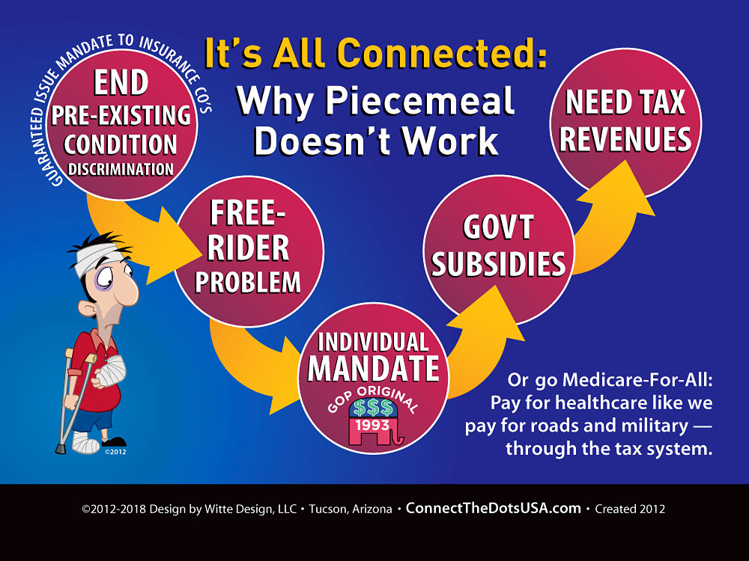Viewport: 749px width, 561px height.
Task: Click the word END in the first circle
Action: click(x=121, y=82)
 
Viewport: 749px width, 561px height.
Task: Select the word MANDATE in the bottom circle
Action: click(x=374, y=368)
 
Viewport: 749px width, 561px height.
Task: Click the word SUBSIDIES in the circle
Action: click(x=498, y=264)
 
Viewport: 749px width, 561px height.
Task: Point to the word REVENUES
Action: click(x=625, y=139)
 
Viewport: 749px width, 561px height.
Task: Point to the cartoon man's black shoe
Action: click(x=115, y=442)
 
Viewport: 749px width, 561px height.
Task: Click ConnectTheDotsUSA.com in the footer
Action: click(x=494, y=509)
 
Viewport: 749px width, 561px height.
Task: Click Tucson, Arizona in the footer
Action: click(x=351, y=509)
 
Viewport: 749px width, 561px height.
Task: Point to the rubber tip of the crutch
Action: click(x=60, y=449)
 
